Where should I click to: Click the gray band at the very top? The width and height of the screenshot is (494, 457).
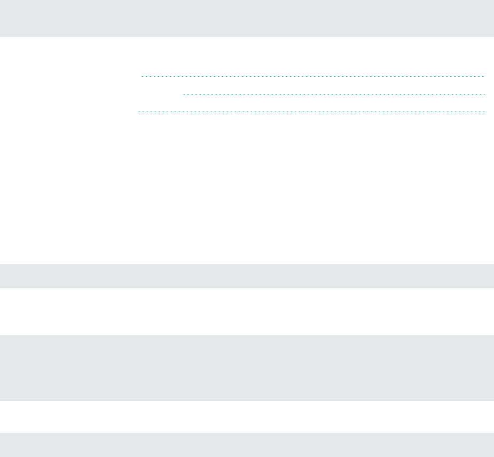click(247, 18)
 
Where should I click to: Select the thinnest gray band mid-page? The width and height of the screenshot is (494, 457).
click(247, 276)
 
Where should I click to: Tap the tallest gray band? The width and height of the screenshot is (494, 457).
click(247, 368)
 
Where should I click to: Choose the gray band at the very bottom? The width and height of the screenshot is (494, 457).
click(247, 445)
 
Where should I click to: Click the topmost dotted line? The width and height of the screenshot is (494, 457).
click(312, 77)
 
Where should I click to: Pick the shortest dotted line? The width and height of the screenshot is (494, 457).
click(334, 94)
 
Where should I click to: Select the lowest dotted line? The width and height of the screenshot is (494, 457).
click(311, 112)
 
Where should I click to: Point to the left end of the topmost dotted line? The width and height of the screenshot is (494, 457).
click(143, 77)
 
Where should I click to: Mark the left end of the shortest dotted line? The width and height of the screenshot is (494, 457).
click(184, 94)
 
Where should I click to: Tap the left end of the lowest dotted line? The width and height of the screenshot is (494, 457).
click(139, 112)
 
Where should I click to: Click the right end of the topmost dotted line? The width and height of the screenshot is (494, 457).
click(483, 77)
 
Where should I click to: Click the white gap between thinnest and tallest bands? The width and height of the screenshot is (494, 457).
click(247, 312)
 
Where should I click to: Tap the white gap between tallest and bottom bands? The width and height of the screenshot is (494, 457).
click(247, 416)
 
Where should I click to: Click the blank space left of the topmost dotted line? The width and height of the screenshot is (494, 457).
click(69, 77)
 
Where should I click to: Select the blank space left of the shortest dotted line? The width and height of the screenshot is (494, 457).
click(91, 94)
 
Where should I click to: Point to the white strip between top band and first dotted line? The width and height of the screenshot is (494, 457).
click(247, 56)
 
